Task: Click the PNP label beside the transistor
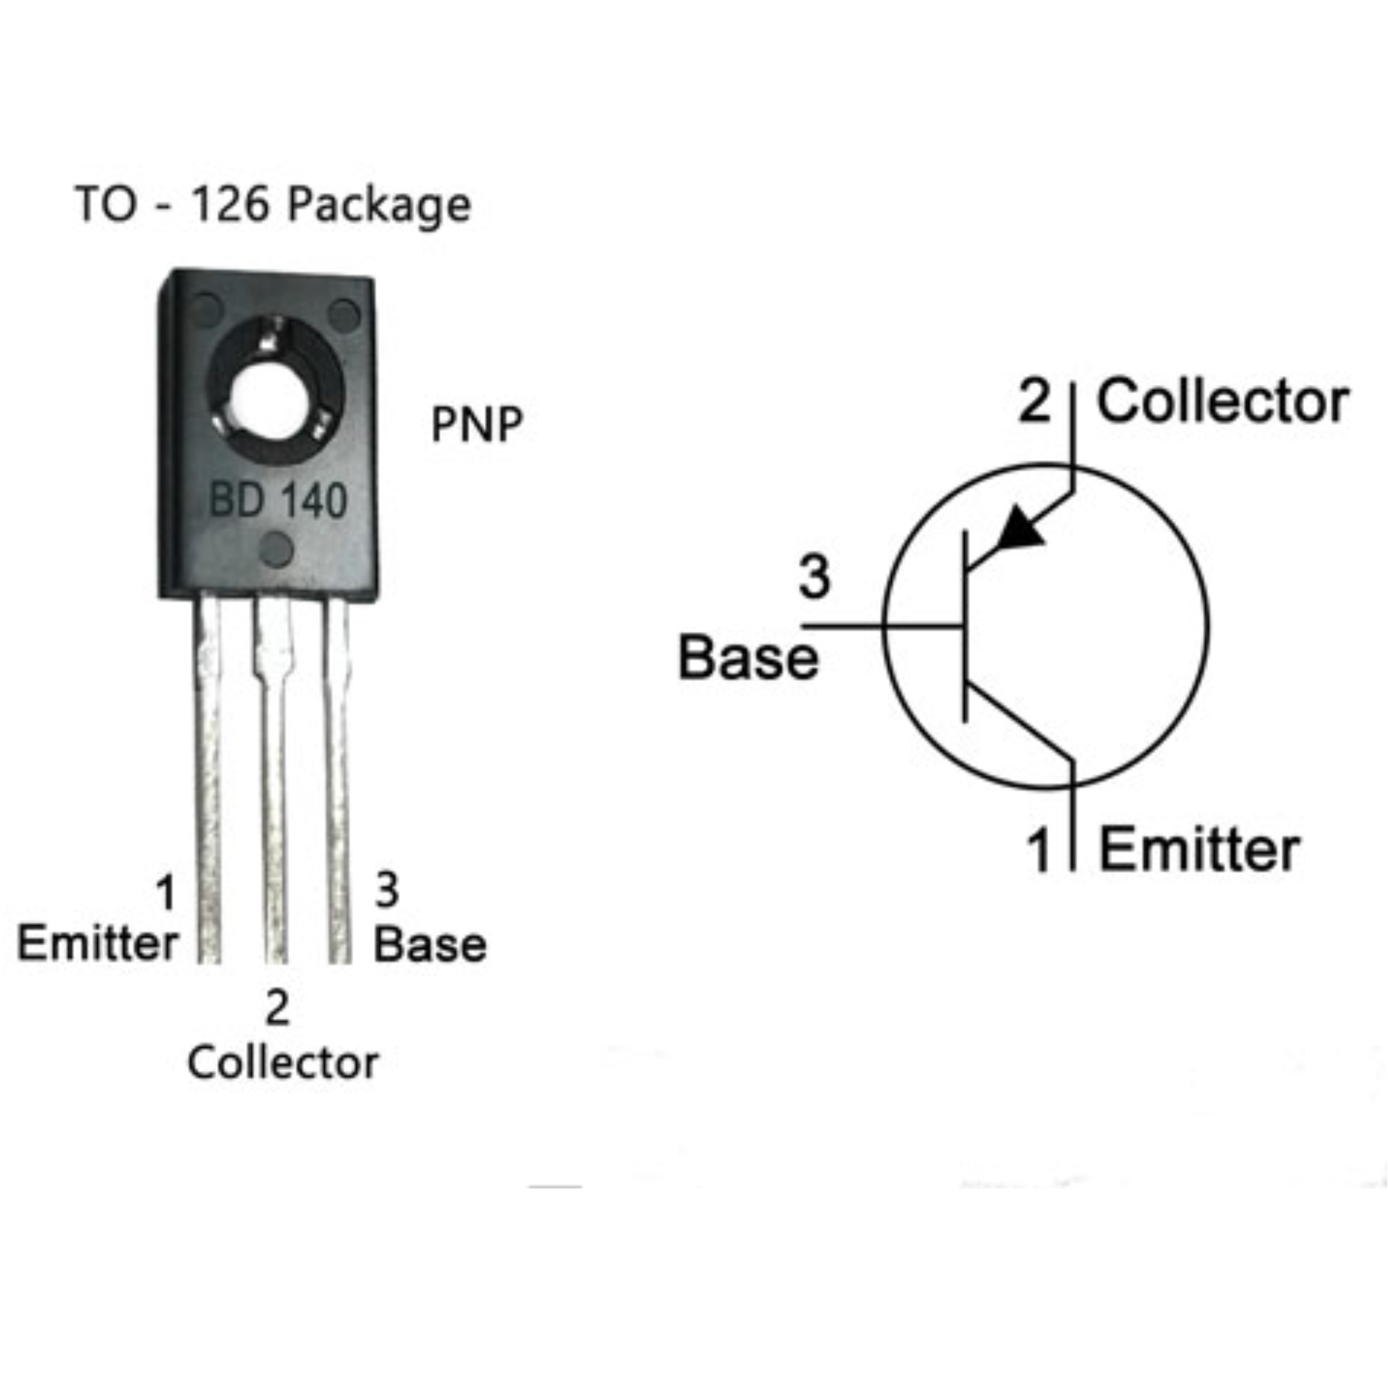pos(477,425)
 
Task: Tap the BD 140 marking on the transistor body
pos(278,501)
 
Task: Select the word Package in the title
pos(379,205)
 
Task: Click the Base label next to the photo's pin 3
pos(430,945)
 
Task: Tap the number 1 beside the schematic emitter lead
pos(1039,850)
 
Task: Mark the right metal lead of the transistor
pos(338,780)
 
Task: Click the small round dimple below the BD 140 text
pos(276,550)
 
